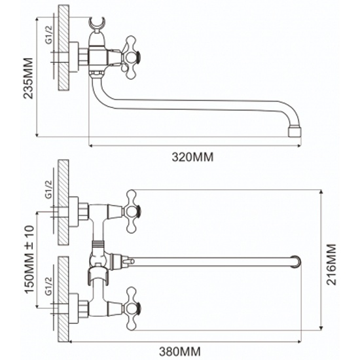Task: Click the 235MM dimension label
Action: point(28,78)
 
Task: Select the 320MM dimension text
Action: point(192,157)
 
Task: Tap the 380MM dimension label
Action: point(180,351)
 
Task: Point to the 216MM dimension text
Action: point(331,264)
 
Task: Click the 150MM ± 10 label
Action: point(29,260)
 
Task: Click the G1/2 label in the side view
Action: point(49,35)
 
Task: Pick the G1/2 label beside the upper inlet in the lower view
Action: point(49,189)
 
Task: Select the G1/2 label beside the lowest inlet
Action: point(49,286)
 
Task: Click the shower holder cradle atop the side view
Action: point(97,24)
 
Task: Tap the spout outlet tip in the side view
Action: point(295,132)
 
